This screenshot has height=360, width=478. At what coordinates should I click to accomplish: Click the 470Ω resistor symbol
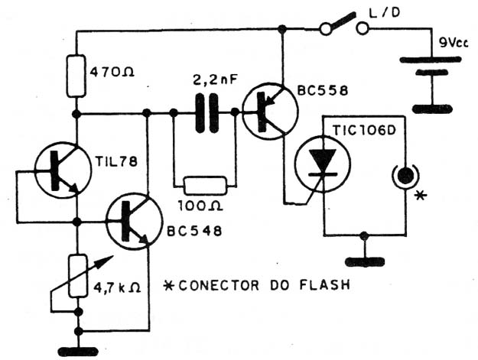point(76,76)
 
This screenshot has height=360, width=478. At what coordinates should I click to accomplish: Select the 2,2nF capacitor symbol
point(206,113)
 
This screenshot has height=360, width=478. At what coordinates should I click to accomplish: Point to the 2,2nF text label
point(214,80)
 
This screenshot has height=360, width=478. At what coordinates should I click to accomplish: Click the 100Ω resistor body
point(205,186)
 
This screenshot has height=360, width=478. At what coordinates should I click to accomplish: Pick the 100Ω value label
point(200,206)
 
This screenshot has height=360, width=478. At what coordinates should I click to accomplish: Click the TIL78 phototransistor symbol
point(63,170)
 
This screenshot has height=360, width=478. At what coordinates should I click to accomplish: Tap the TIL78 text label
point(116,162)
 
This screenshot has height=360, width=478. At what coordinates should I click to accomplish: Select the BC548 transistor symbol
point(134,222)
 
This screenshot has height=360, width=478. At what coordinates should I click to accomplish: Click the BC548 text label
point(194,232)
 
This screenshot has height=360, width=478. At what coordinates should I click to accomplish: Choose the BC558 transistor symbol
point(271,111)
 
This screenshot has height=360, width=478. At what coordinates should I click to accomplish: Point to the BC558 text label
point(323,90)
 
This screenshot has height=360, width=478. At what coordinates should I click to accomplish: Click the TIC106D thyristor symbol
point(324,164)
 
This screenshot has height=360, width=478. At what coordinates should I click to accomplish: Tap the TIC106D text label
point(364,130)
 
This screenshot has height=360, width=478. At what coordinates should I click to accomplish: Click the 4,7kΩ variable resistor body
point(77,276)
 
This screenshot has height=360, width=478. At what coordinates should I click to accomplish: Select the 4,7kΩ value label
point(117,287)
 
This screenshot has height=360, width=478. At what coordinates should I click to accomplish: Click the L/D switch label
point(385,12)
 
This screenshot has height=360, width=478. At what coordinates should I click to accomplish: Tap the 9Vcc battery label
point(454,43)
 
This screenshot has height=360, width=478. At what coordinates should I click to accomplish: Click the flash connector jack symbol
point(405,176)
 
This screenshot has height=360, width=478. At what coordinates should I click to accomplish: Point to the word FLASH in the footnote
point(325,285)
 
